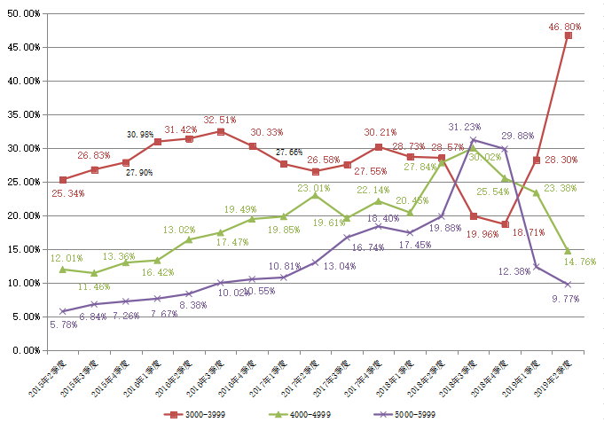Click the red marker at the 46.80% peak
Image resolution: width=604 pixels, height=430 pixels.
[568, 35]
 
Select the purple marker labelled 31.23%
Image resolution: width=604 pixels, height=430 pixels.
[474, 140]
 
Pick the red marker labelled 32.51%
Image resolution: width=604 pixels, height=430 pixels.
[221, 131]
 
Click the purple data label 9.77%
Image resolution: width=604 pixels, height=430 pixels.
[566, 300]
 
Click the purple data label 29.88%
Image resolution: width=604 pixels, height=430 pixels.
[518, 136]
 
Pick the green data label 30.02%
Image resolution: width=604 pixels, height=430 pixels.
[485, 156]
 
